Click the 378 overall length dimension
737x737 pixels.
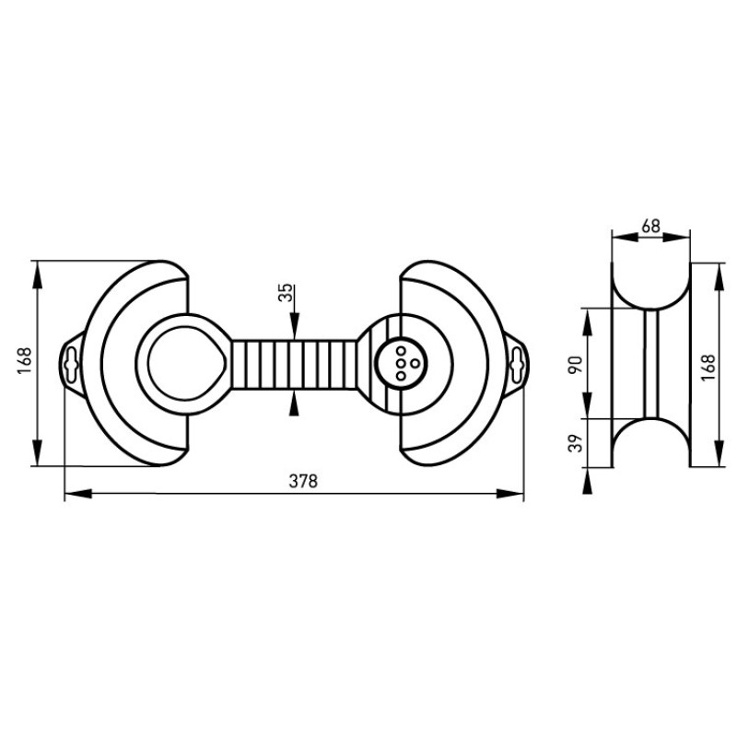303,481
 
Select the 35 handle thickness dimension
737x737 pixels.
287,293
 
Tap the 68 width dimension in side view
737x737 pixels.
651,227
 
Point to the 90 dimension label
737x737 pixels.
575,365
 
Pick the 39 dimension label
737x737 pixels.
575,442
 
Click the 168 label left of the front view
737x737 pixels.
24,360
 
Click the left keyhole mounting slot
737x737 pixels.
72,365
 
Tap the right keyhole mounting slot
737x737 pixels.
517,365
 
